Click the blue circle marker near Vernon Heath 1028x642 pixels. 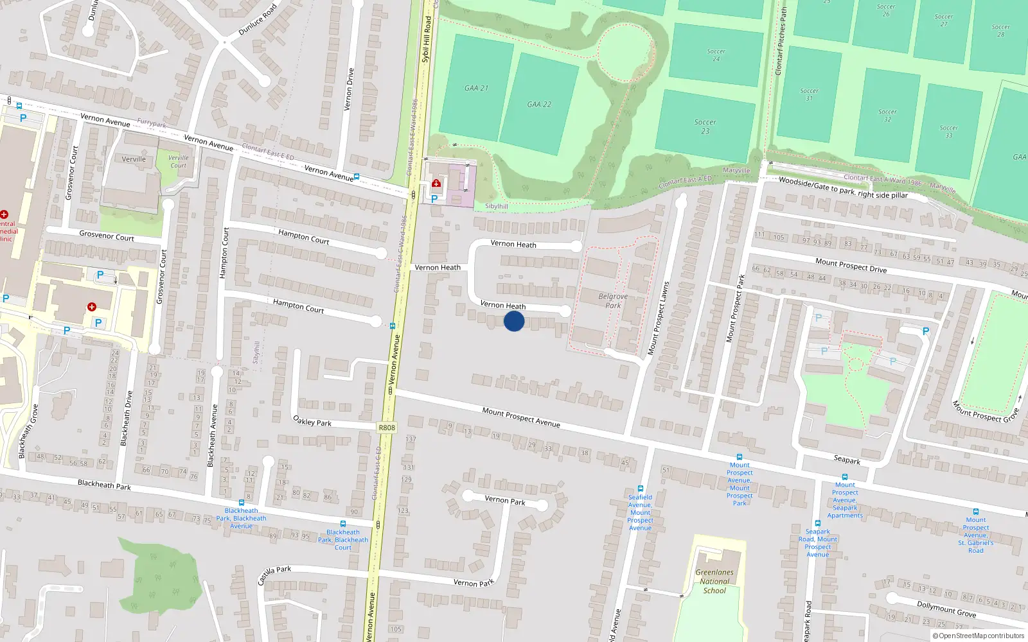[514, 321]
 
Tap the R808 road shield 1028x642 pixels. [387, 428]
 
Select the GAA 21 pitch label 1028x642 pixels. [476, 88]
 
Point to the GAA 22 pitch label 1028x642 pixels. [539, 104]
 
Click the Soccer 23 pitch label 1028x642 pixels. [705, 126]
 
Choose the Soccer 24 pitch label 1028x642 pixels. [716, 55]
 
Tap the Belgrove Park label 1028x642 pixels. [613, 300]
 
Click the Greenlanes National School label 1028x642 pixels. [714, 581]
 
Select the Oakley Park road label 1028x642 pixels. [312, 421]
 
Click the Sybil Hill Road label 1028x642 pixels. [426, 40]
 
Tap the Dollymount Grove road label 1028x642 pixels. [946, 609]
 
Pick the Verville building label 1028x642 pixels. [134, 159]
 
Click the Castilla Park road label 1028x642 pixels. [274, 575]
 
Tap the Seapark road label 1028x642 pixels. [847, 460]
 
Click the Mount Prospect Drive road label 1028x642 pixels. [851, 265]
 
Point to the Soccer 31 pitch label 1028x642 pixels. [809, 94]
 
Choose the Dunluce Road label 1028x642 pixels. [258, 20]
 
